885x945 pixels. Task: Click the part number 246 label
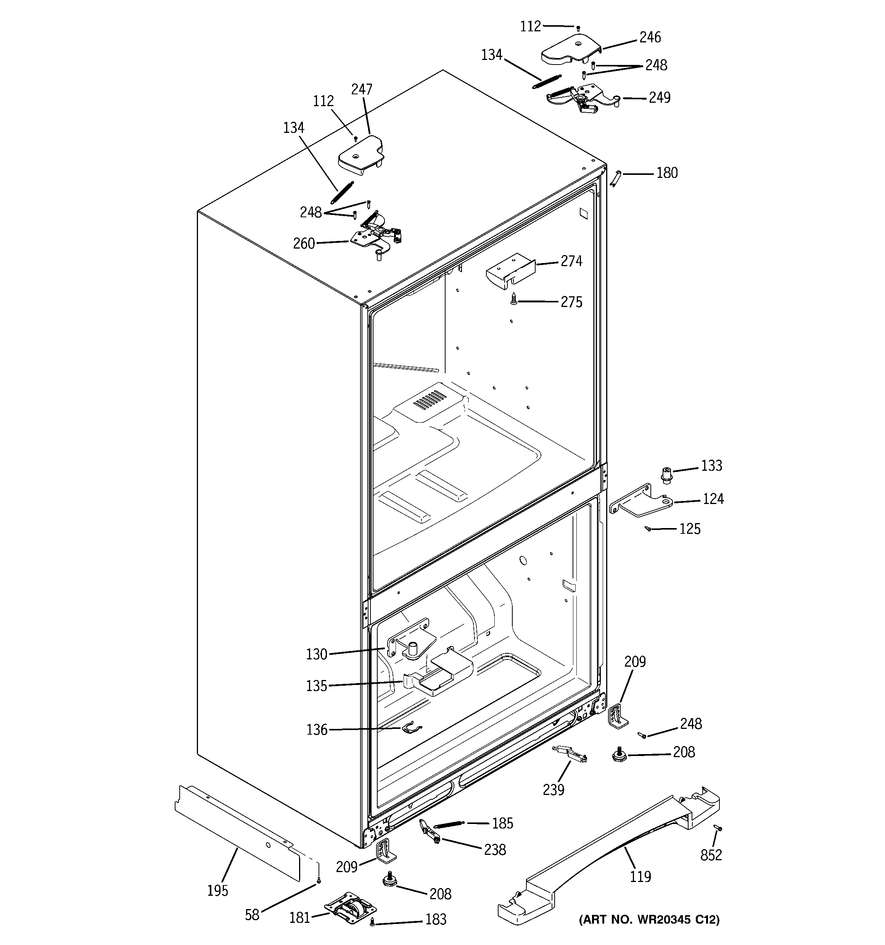(650, 37)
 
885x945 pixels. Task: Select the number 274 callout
(571, 261)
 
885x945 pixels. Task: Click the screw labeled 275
(513, 299)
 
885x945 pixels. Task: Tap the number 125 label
(690, 528)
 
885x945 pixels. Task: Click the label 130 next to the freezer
(316, 654)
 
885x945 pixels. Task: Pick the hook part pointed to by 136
(411, 728)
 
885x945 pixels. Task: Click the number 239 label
(554, 790)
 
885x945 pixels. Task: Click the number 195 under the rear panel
(217, 890)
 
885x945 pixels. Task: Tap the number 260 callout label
(304, 243)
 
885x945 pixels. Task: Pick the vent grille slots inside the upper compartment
(430, 400)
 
